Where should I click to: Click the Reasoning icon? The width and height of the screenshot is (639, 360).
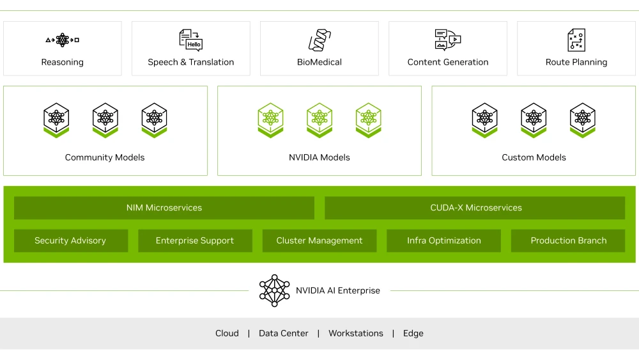click(63, 40)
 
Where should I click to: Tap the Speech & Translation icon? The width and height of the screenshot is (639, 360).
click(190, 40)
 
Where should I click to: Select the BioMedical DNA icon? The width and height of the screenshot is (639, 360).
click(319, 40)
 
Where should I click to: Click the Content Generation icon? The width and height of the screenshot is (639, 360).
click(447, 40)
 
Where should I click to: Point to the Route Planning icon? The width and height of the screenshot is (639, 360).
click(576, 40)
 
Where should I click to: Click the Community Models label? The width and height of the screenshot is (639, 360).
click(105, 157)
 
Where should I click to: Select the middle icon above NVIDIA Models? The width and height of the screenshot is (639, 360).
click(319, 120)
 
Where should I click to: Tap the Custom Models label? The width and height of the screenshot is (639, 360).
click(534, 157)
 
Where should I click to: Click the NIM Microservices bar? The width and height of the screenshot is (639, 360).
click(164, 208)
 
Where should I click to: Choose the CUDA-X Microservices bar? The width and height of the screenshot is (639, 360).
click(475, 208)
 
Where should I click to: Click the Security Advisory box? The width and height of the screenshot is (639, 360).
click(70, 241)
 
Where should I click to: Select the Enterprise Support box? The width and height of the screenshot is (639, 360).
click(195, 241)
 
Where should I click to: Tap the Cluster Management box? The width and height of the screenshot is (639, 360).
click(319, 241)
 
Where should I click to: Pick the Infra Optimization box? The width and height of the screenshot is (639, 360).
click(444, 241)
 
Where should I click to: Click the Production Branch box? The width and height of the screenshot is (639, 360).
click(568, 241)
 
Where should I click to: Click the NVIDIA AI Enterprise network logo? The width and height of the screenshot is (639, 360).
click(275, 291)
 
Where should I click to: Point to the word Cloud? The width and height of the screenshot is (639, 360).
click(227, 333)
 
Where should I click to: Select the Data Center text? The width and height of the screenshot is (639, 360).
click(284, 333)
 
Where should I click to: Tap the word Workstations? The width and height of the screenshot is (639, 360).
click(356, 333)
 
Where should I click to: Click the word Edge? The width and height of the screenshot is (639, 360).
click(413, 333)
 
